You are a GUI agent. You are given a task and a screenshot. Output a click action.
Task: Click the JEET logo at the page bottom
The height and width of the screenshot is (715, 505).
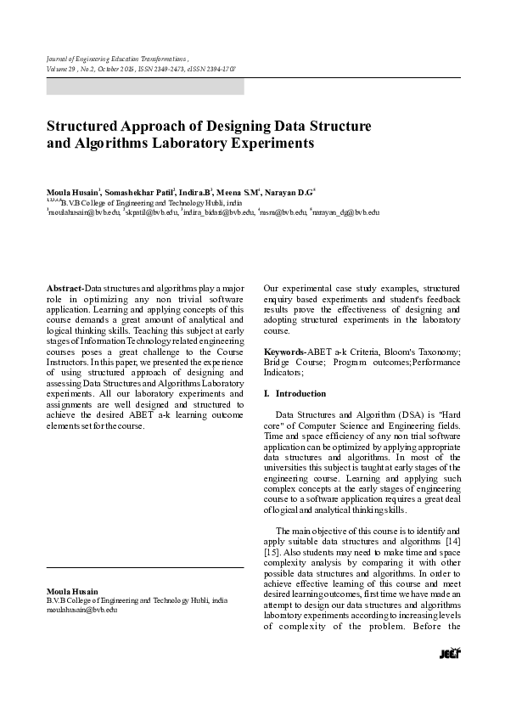coord(450,653)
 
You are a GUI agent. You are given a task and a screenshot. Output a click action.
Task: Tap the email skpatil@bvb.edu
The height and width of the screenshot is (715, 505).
coord(151,212)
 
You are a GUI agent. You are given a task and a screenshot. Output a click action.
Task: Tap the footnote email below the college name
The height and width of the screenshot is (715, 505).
coord(81,610)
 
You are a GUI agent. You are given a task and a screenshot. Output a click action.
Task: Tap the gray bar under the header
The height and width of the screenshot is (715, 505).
coord(145,87)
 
